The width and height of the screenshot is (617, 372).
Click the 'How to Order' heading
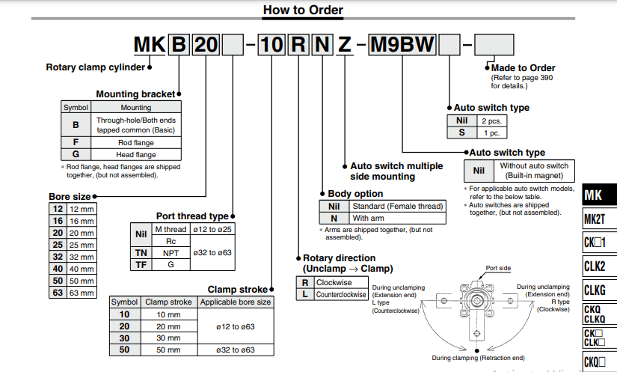pyautogui.click(x=303, y=10)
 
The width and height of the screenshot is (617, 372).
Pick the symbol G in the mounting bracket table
pyautogui.click(x=76, y=155)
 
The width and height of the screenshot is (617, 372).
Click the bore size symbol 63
pyautogui.click(x=58, y=292)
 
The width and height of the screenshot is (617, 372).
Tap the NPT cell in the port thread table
pyautogui.click(x=171, y=253)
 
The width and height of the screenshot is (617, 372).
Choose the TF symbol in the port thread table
pyautogui.click(x=141, y=265)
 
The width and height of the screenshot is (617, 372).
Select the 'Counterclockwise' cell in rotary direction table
pyautogui.click(x=342, y=295)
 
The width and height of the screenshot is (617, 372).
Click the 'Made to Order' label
pyautogui.click(x=523, y=68)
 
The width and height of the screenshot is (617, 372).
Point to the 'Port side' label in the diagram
pyautogui.click(x=498, y=267)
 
